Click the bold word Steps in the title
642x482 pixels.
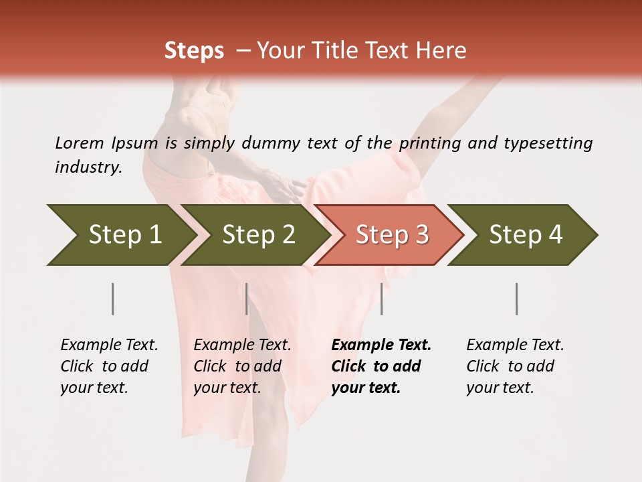[194, 51]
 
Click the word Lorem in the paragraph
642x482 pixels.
[80, 143]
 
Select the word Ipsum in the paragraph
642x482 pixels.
[134, 143]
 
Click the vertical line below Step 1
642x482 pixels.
[113, 299]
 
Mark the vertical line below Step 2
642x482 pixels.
[247, 299]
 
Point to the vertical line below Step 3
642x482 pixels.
[381, 299]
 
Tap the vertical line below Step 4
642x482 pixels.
[516, 299]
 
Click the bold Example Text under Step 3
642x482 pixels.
[381, 345]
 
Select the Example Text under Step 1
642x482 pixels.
[109, 345]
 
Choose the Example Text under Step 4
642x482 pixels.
[515, 345]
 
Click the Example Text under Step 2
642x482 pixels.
[242, 345]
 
